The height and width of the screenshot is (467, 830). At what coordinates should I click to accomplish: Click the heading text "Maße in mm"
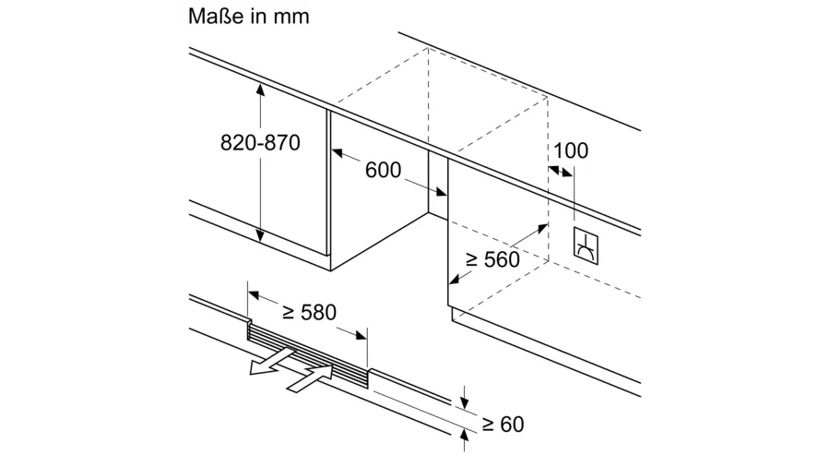coord(248,17)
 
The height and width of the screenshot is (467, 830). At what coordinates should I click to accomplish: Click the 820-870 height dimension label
coord(260,143)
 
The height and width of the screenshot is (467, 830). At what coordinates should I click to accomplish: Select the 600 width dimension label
coord(383,170)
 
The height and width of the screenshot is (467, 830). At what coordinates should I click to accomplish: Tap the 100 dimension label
coord(571,150)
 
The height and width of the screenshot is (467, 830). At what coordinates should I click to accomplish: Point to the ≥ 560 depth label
coord(492,260)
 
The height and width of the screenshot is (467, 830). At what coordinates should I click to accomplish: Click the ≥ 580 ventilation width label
coord(309,313)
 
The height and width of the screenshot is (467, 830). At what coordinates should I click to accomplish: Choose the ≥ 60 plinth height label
coord(503,425)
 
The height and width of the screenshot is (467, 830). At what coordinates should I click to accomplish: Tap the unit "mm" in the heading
coord(293,18)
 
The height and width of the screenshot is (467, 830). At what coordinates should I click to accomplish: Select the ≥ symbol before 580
coord(288,313)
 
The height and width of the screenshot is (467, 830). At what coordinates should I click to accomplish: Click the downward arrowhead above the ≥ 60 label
coord(465,403)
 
